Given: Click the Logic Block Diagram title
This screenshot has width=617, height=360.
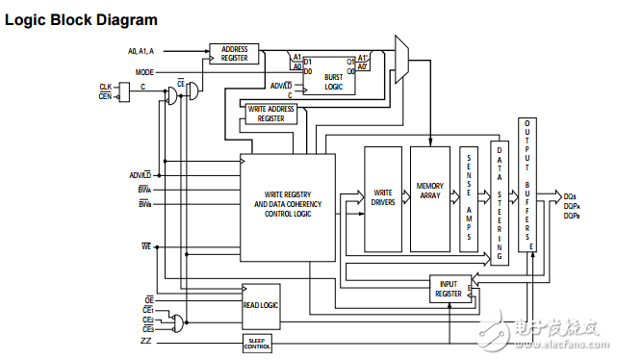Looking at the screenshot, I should click(x=82, y=19).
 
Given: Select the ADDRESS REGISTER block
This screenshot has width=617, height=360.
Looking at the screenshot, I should click(x=235, y=54).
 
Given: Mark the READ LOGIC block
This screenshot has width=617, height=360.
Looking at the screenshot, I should click(x=261, y=303).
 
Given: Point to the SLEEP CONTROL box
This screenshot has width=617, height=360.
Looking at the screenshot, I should click(x=257, y=343).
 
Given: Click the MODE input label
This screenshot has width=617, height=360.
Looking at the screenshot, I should click(x=144, y=72).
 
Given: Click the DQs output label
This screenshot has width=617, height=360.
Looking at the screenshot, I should click(x=571, y=196).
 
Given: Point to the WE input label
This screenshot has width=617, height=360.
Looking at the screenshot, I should click(x=145, y=247).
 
